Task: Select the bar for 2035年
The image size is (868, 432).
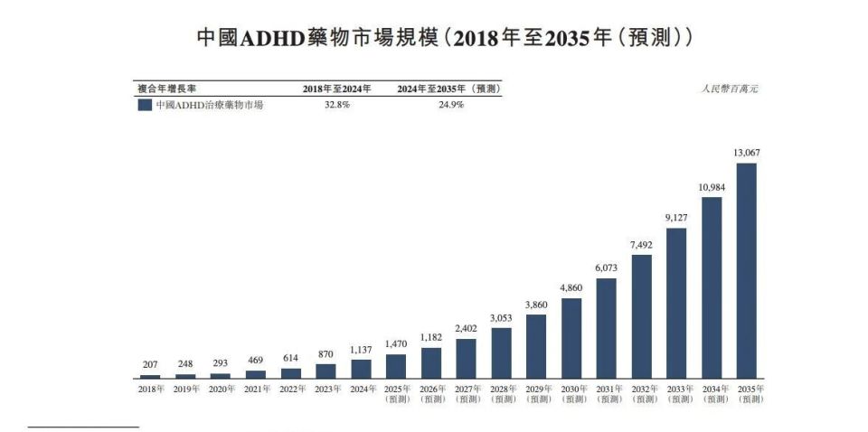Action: click(x=747, y=270)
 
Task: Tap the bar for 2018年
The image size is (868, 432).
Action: click(x=150, y=376)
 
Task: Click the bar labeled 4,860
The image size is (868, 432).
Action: click(x=571, y=337)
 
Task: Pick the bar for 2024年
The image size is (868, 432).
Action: click(x=361, y=368)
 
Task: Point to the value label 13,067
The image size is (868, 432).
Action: click(x=747, y=153)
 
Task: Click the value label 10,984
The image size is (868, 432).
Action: click(x=712, y=187)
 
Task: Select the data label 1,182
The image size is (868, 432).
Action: click(x=431, y=337)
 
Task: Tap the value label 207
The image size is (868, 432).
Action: click(x=150, y=364)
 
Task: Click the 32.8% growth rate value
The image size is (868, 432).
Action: click(x=336, y=105)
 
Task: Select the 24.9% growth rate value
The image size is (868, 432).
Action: click(x=449, y=105)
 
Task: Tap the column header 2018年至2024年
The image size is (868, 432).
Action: click(x=336, y=89)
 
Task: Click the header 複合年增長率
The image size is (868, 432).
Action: click(x=167, y=89)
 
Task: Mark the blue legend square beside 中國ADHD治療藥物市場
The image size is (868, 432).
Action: click(x=144, y=105)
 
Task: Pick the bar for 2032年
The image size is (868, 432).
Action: click(x=642, y=315)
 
